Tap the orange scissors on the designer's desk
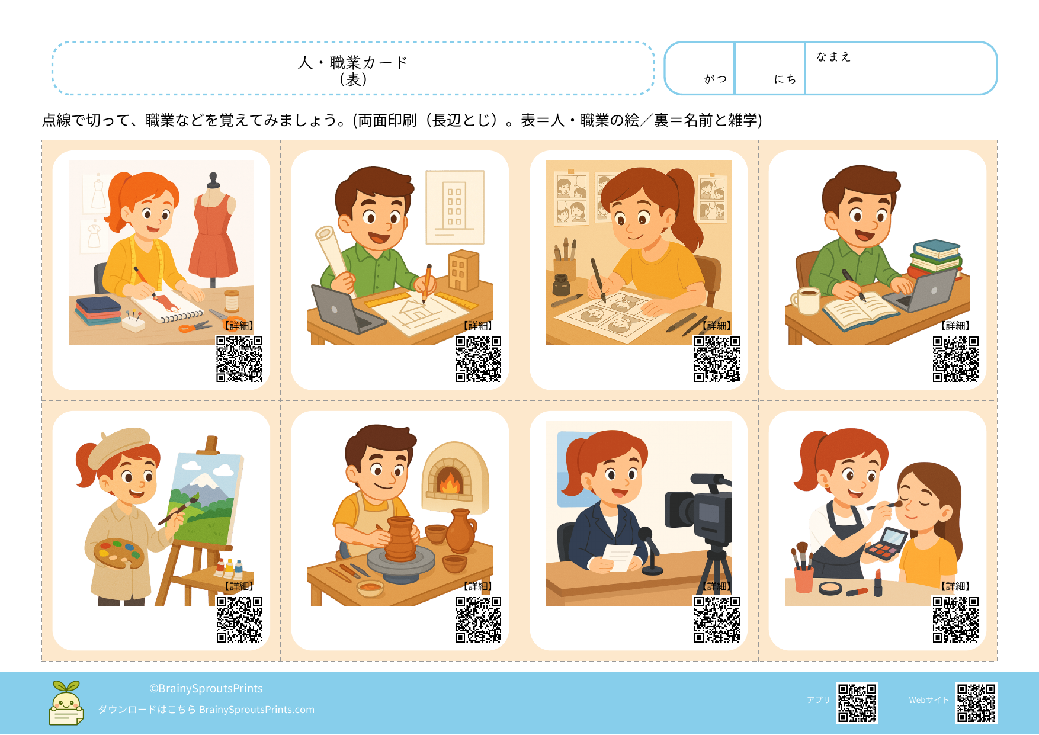(195, 326)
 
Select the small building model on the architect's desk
(463, 270)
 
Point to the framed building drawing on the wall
(455, 207)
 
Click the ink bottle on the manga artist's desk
(560, 285)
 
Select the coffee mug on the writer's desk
(807, 300)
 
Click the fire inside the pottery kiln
(450, 482)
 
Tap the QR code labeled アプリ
(857, 703)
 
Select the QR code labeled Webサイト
(976, 703)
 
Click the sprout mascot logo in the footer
(66, 703)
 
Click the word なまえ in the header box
(833, 57)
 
